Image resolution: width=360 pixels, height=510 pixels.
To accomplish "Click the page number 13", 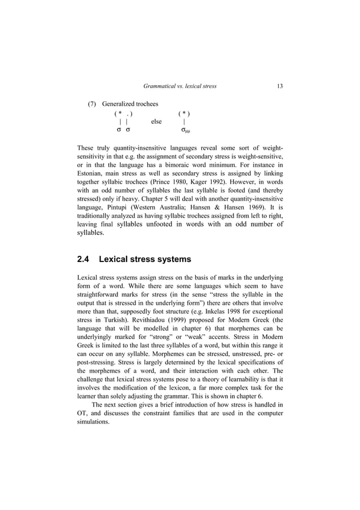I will (x=280, y=86).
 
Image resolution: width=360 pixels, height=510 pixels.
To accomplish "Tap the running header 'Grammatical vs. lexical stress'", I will (x=180, y=86).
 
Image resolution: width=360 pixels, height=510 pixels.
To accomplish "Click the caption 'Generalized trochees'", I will (x=130, y=104).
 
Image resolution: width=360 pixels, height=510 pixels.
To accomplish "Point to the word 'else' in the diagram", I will (x=156, y=121).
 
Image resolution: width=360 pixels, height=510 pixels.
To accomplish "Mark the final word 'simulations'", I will (x=93, y=422).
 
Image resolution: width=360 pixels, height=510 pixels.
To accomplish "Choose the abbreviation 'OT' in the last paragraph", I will (x=82, y=413).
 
